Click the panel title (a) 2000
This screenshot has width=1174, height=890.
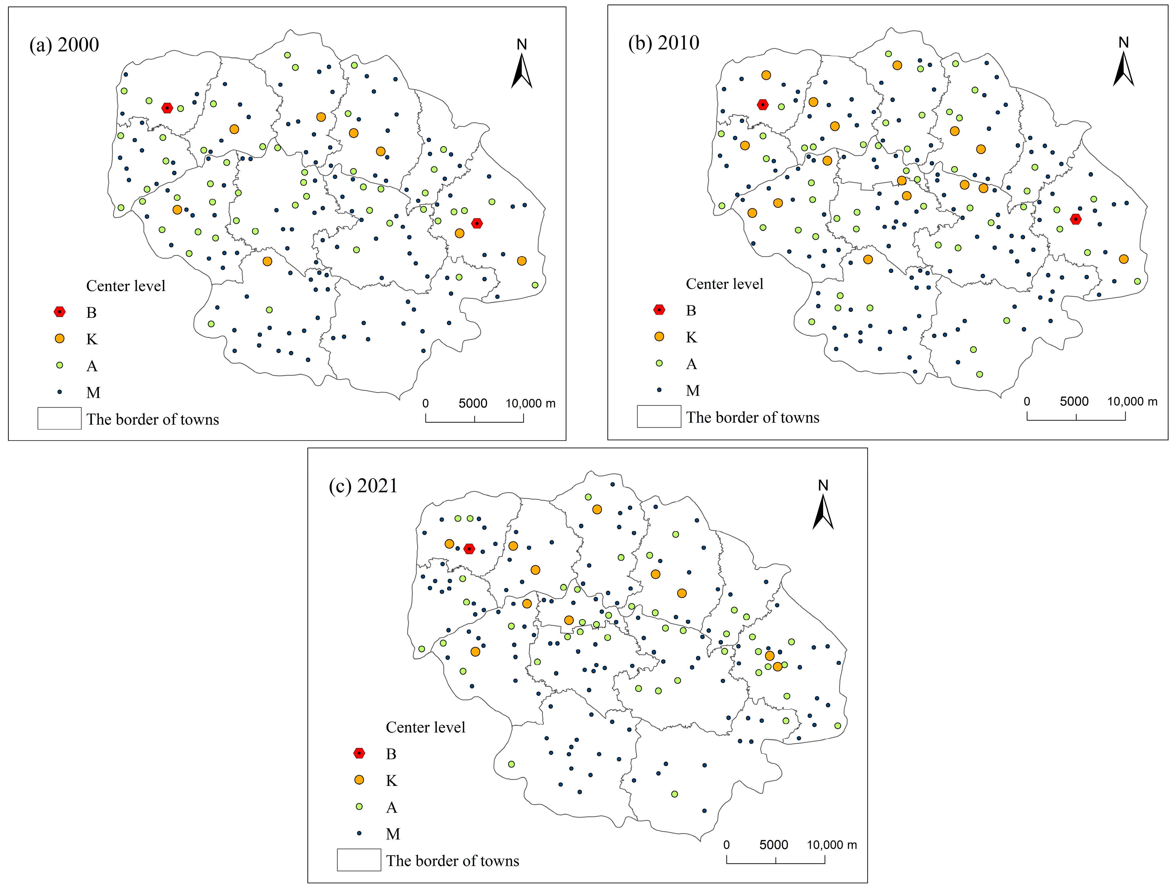pyautogui.click(x=64, y=44)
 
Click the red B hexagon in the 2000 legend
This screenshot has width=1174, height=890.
pyautogui.click(x=60, y=312)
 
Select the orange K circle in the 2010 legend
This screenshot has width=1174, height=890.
pyautogui.click(x=659, y=336)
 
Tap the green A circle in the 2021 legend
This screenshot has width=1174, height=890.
pyautogui.click(x=359, y=807)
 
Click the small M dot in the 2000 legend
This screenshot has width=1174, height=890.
pyautogui.click(x=60, y=392)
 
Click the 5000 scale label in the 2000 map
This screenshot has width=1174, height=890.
pyautogui.click(x=473, y=403)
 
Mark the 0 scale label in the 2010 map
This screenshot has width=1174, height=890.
pyautogui.click(x=1027, y=401)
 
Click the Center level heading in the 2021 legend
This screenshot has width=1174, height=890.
pyautogui.click(x=425, y=727)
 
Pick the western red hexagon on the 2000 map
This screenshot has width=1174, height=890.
pyautogui.click(x=167, y=108)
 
